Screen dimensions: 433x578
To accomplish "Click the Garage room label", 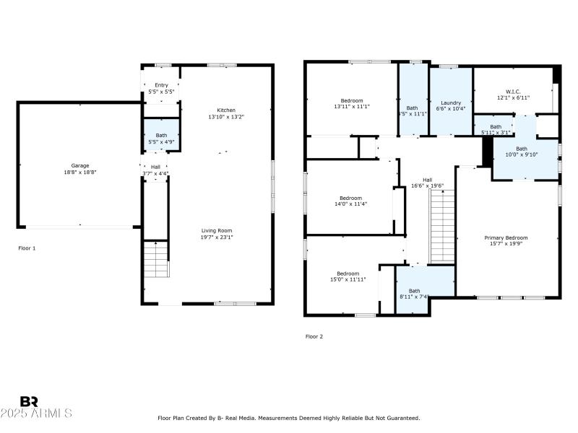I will coord(79,165).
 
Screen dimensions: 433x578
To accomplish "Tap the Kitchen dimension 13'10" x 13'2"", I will coord(226,117).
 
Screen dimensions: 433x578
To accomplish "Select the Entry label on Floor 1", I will coord(160,85).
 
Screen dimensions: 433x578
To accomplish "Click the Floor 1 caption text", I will coord(27,248).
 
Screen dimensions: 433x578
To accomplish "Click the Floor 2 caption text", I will coord(314,336).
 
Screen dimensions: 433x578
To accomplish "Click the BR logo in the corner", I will coord(29,401).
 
